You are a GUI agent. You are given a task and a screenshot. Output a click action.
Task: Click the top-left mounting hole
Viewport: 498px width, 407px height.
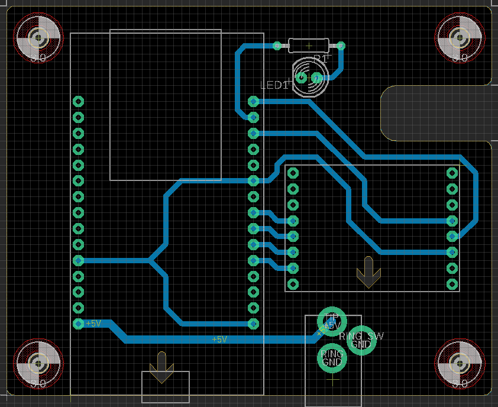tap(38, 38)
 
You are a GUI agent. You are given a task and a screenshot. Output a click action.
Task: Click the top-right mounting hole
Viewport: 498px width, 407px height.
tap(460, 38)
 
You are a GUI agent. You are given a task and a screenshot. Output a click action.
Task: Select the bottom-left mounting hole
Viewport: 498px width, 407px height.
tap(38, 363)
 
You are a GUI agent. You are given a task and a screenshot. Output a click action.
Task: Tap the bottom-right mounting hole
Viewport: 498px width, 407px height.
tap(460, 363)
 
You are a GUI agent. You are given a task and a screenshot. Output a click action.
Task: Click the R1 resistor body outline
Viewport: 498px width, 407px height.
tap(308, 45)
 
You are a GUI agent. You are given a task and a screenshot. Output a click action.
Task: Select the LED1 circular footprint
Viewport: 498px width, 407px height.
tap(309, 77)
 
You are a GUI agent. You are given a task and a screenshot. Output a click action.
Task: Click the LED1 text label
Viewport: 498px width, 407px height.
tap(275, 86)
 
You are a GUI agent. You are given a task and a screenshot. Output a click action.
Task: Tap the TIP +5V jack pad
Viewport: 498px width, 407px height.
tap(332, 322)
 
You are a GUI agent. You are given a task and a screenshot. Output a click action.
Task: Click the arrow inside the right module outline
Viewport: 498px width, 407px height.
tap(368, 272)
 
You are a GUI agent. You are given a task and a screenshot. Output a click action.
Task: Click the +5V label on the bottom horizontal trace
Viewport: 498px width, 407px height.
tap(219, 340)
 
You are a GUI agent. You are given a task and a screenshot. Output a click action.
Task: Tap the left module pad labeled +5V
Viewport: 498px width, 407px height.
tap(78, 324)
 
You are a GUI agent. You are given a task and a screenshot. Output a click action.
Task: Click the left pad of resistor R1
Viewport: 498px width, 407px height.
tap(277, 46)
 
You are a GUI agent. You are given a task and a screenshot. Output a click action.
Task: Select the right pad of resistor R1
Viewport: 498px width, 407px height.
tap(340, 46)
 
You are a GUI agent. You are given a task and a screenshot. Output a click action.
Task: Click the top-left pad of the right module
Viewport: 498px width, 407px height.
tap(293, 173)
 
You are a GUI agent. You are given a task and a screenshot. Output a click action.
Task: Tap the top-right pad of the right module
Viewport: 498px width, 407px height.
tap(452, 173)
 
